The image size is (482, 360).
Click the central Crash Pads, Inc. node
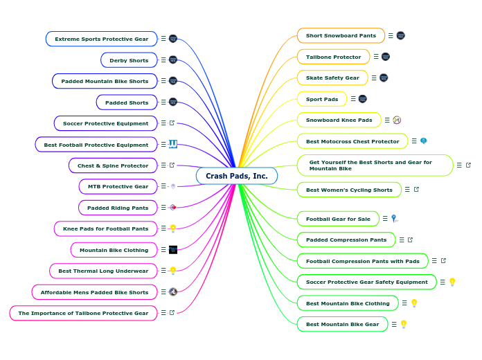pyautogui.click(x=236, y=176)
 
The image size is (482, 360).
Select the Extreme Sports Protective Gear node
pyautogui.click(x=101, y=39)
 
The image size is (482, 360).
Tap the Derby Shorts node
pyautogui.click(x=129, y=60)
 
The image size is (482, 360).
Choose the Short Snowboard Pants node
pyautogui.click(x=341, y=35)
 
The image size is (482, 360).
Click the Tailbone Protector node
pyautogui.click(x=333, y=57)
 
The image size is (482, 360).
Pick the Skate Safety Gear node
pyautogui.click(x=332, y=78)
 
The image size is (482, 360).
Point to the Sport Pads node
pyautogui.click(x=322, y=99)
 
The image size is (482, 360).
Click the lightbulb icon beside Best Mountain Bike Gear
pyautogui.click(x=404, y=324)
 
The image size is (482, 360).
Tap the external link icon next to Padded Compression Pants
pyautogui.click(x=410, y=240)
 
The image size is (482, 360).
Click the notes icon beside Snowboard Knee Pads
pyautogui.click(x=387, y=120)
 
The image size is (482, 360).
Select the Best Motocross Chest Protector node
pyautogui.click(x=352, y=141)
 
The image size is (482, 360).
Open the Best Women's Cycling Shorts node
pyautogui.click(x=349, y=190)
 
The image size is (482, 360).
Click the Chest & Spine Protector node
pyautogui.click(x=112, y=165)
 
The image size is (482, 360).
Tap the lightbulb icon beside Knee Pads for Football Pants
pyautogui.click(x=173, y=228)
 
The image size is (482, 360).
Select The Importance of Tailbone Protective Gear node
pyautogui.click(x=83, y=313)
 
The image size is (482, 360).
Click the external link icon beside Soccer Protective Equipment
pyautogui.click(x=172, y=123)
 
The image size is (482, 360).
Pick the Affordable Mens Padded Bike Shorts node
pyautogui.click(x=94, y=292)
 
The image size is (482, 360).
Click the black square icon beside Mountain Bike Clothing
pyautogui.click(x=173, y=249)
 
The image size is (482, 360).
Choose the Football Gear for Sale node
pyautogui.click(x=338, y=219)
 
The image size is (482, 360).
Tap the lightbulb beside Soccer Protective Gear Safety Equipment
pyautogui.click(x=452, y=282)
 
